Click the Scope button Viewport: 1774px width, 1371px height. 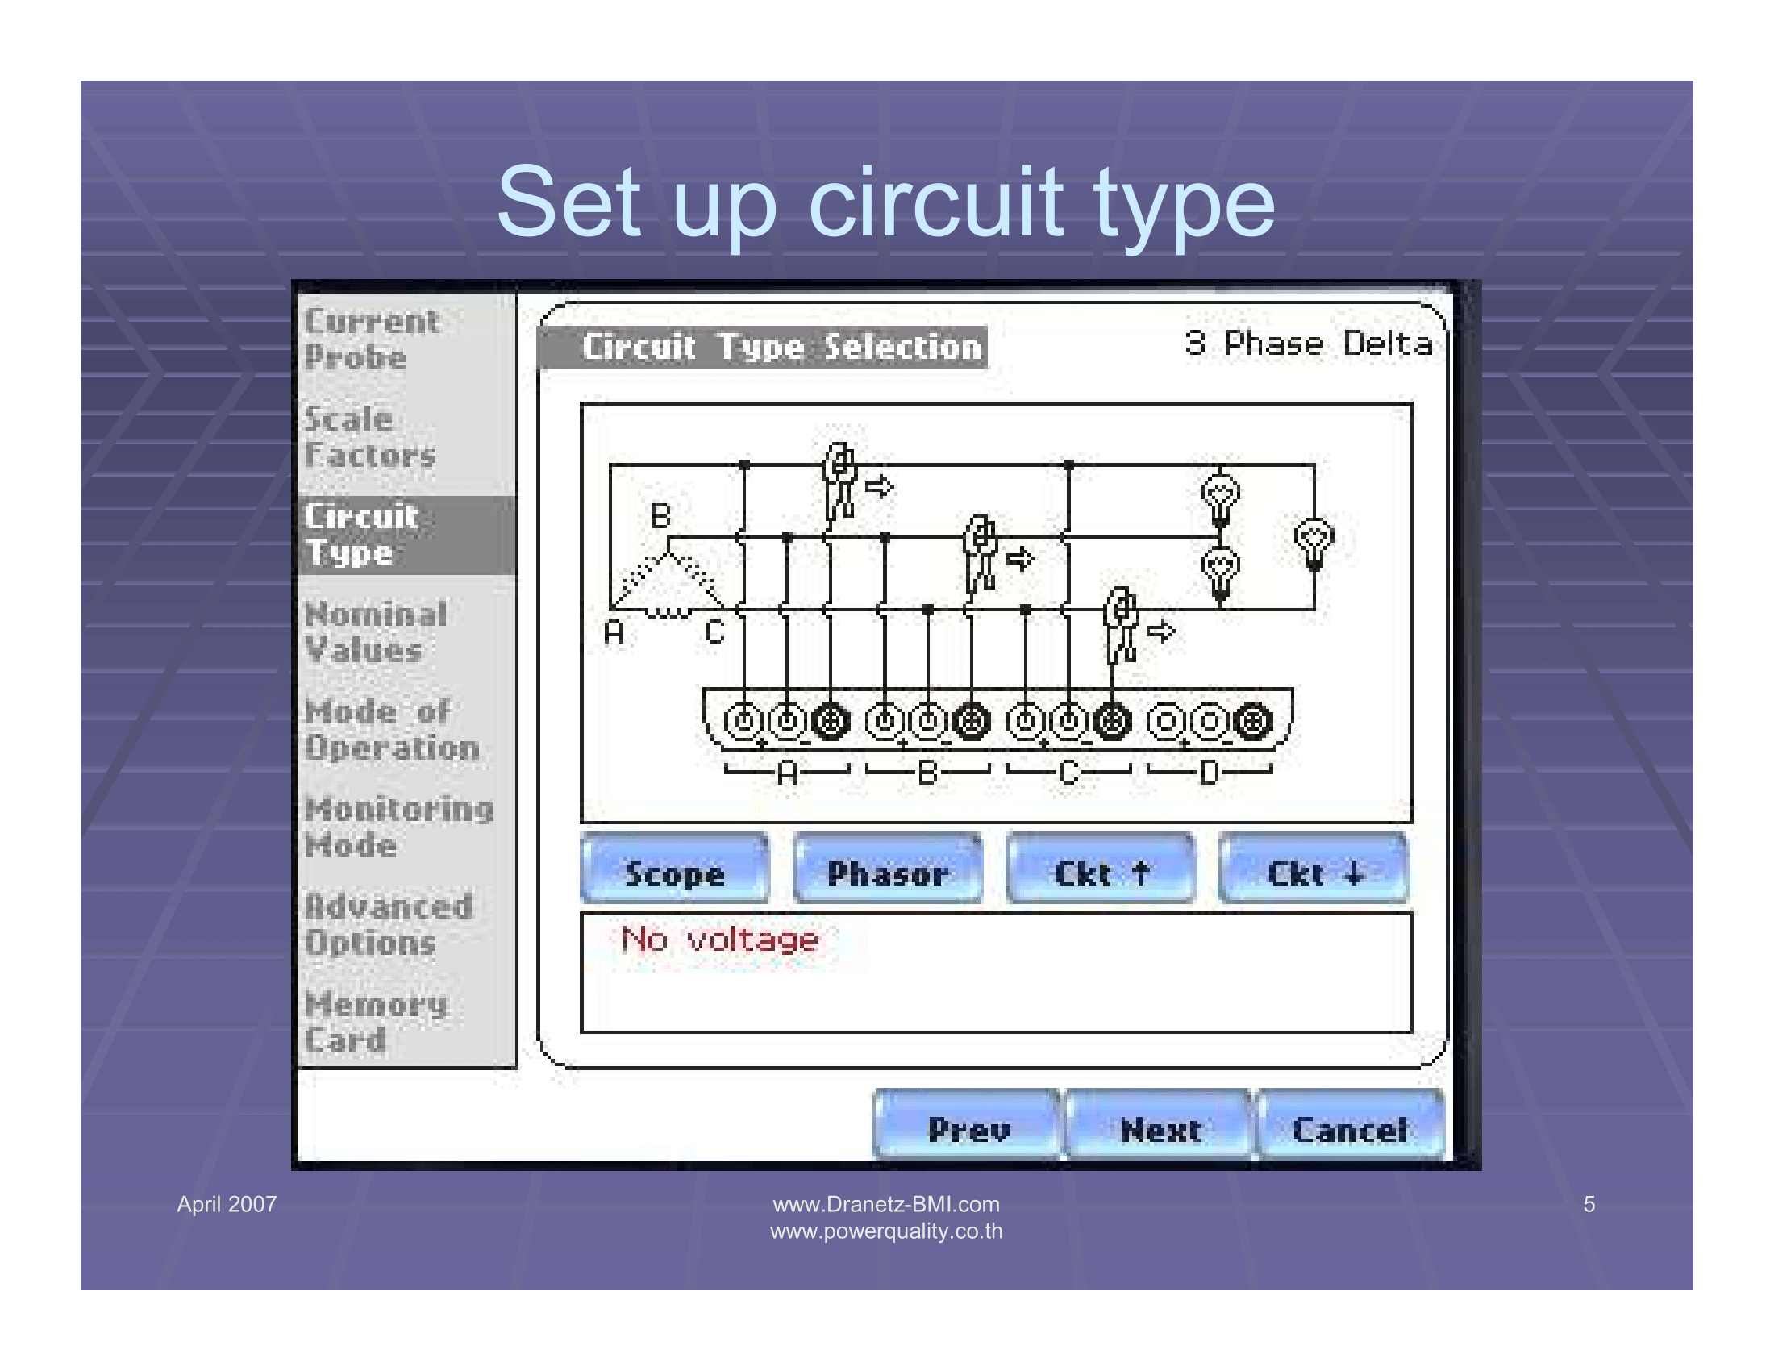[674, 869]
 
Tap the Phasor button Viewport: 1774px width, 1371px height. [887, 869]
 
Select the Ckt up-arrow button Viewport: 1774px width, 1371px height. [1101, 869]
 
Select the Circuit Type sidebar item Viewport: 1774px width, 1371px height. [406, 535]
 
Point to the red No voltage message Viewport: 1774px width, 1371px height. [719, 940]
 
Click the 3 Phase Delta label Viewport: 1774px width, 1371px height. [1308, 343]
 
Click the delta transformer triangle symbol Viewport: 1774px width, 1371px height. [668, 585]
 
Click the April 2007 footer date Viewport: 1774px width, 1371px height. [227, 1204]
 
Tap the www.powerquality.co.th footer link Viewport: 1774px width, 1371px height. [886, 1231]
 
